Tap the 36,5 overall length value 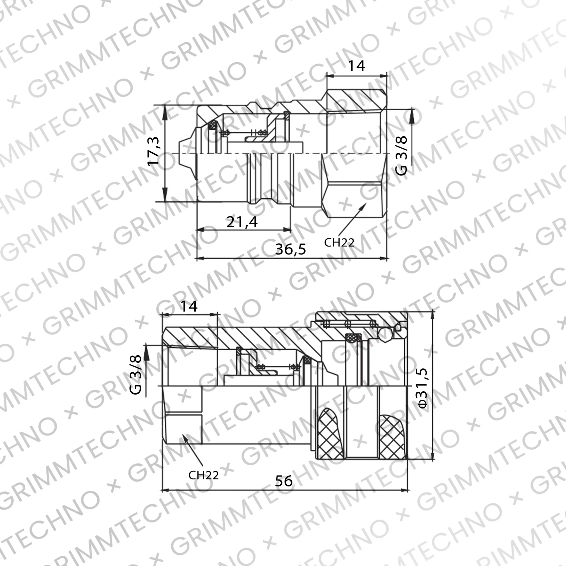(290, 249)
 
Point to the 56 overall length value (284, 481)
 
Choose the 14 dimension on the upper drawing (356, 66)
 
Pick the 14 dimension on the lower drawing (189, 306)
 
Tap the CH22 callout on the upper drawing (339, 242)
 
